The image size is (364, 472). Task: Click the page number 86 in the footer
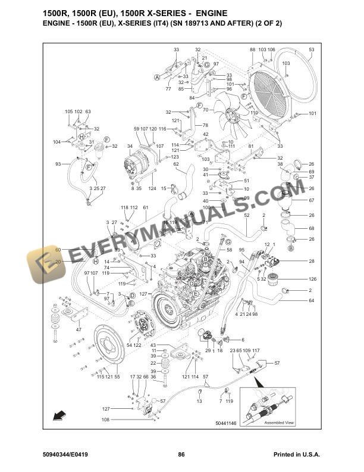pyautogui.click(x=181, y=455)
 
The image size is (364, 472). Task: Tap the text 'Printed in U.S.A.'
pyautogui.click(x=297, y=455)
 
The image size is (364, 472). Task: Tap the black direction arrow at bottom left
pyautogui.click(x=58, y=414)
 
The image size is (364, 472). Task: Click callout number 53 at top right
pyautogui.click(x=311, y=49)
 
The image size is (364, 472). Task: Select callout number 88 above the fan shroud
pyautogui.click(x=252, y=49)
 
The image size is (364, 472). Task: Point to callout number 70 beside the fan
pyautogui.click(x=205, y=110)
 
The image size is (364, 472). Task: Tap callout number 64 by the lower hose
pyautogui.click(x=311, y=300)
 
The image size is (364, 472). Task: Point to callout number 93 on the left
pyautogui.click(x=58, y=164)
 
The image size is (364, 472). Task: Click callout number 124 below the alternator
pyautogui.click(x=152, y=189)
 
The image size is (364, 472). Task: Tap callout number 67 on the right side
pyautogui.click(x=311, y=200)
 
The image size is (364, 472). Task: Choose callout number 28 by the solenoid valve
pyautogui.click(x=311, y=261)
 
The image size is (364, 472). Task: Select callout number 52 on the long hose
pyautogui.click(x=246, y=215)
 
